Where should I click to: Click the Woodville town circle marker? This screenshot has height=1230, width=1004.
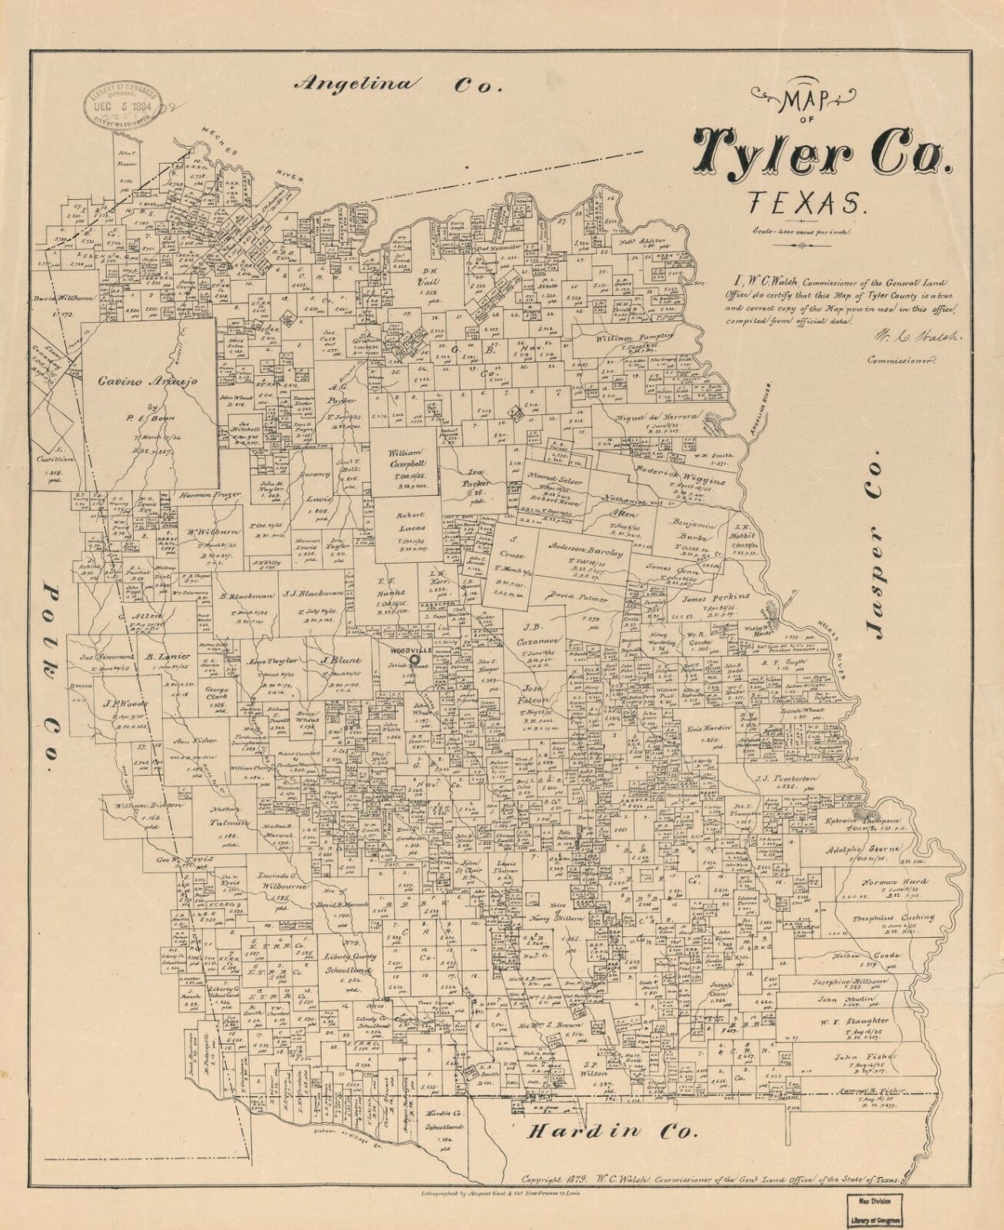pyautogui.click(x=414, y=659)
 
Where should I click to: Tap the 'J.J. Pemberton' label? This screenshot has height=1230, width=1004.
pyautogui.click(x=784, y=779)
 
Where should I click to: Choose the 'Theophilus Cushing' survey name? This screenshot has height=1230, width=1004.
pyautogui.click(x=893, y=917)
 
